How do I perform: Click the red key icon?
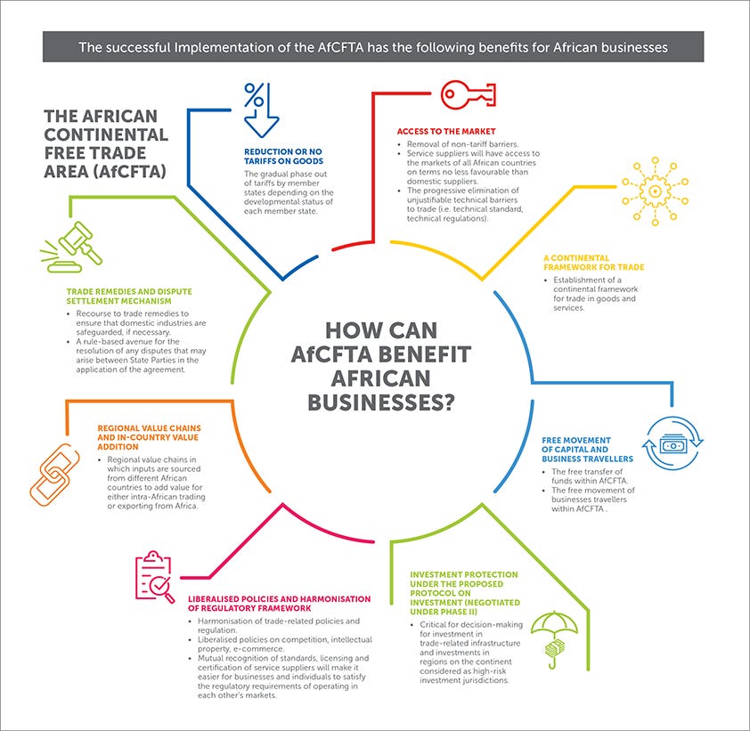click(463, 93)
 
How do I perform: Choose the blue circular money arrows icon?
click(674, 443)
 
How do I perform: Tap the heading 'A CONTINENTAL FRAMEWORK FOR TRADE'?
click(593, 263)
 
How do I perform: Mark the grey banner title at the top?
click(373, 46)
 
